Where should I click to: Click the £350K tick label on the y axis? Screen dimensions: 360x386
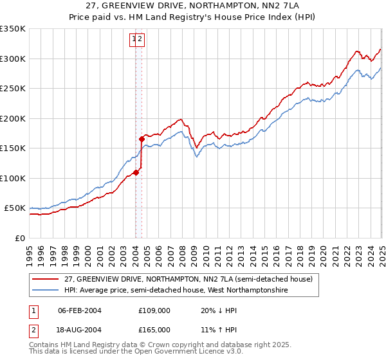point(12,29)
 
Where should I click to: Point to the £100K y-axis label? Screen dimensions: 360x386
point(12,178)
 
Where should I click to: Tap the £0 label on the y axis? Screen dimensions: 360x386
point(19,238)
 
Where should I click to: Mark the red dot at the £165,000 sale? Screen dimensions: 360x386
point(142,139)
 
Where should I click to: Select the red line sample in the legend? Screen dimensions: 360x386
point(46,279)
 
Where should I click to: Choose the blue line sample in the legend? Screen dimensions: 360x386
point(46,291)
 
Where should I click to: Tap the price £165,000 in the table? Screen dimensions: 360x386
point(154,329)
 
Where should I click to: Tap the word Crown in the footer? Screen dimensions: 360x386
point(172,345)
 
